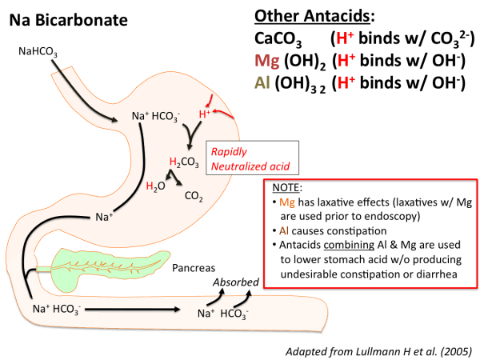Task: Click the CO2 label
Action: (x=193, y=194)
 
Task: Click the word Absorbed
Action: (x=235, y=282)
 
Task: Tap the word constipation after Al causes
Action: (x=343, y=234)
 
